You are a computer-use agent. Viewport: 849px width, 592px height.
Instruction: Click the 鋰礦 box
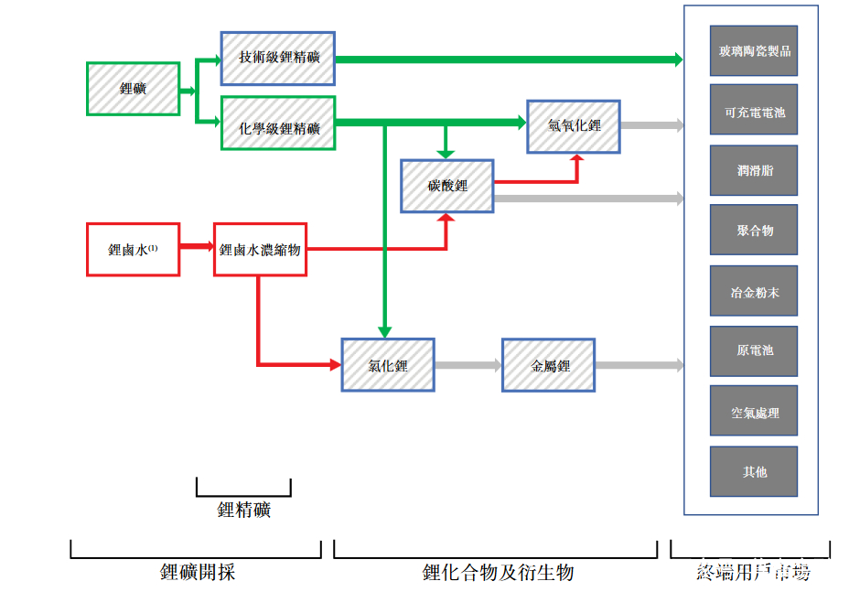click(x=133, y=89)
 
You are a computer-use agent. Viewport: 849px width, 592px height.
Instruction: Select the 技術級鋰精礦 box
click(x=278, y=59)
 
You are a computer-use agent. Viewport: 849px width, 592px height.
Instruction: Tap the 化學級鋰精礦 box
click(x=278, y=123)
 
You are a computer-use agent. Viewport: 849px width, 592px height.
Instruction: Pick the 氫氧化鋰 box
click(x=574, y=126)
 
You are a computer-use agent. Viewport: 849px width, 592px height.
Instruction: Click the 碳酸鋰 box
click(x=446, y=186)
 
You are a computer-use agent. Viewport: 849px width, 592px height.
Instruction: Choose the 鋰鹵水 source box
click(x=133, y=249)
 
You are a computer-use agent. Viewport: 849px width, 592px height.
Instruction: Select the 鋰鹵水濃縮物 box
click(x=260, y=249)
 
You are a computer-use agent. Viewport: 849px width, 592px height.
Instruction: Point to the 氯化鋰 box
click(x=388, y=365)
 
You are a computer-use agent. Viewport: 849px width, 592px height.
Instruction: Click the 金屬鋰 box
click(x=548, y=365)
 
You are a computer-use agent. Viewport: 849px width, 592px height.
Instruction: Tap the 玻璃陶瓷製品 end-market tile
click(x=754, y=51)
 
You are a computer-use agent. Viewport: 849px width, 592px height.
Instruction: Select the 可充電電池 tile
click(x=754, y=110)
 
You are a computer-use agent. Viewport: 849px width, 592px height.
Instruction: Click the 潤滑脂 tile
click(x=754, y=170)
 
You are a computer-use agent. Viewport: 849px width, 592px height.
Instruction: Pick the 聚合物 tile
click(x=754, y=230)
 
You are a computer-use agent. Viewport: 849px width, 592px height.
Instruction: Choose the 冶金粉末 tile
click(x=754, y=291)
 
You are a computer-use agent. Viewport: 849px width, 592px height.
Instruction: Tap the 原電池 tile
click(x=754, y=351)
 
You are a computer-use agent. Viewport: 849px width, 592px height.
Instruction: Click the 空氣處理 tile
click(x=754, y=412)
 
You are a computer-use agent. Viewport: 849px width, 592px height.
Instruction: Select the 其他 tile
click(x=754, y=471)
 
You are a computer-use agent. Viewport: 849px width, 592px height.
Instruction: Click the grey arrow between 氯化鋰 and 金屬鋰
click(x=467, y=365)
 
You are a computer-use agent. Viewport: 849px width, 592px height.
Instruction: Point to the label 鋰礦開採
click(x=198, y=573)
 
